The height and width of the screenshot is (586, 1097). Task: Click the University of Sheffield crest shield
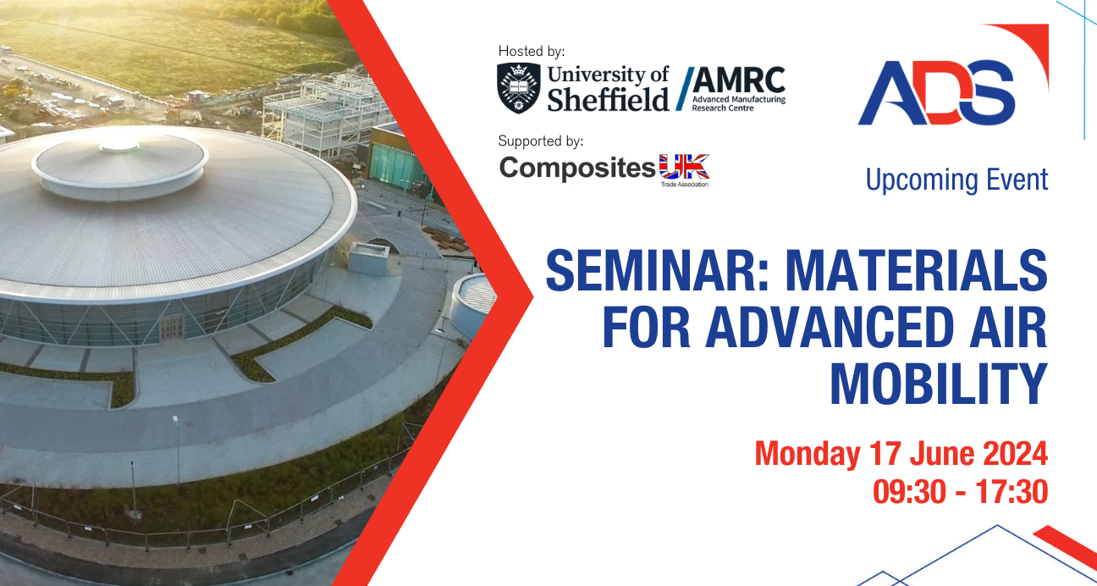point(519,88)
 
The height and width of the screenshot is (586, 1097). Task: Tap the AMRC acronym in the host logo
point(739,80)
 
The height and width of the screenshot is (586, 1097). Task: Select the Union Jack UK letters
point(684,167)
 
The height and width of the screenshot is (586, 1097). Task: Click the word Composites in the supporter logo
point(577,168)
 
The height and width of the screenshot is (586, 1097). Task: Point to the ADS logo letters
point(936,92)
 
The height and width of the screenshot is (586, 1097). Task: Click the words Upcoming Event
point(957,180)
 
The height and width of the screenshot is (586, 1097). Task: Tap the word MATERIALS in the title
point(917,270)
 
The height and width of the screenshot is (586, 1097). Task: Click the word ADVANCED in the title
point(830,328)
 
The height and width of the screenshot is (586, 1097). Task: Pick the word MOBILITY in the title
point(939,384)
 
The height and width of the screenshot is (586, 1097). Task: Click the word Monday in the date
point(807,454)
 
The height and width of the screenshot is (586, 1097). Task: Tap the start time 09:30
point(909,491)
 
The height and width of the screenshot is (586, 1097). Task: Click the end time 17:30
point(1012,491)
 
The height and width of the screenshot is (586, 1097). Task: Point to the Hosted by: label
point(532,51)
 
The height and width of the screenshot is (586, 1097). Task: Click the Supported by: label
point(541,141)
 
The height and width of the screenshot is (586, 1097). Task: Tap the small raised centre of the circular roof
point(119,146)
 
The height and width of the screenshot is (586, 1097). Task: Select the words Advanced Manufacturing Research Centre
point(738,103)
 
